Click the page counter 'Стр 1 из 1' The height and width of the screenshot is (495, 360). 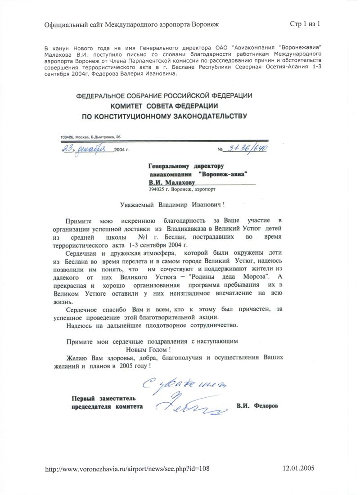point(305,24)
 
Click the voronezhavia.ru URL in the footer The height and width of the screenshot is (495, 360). point(128,468)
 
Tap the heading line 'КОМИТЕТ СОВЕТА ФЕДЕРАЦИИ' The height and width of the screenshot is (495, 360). point(165,106)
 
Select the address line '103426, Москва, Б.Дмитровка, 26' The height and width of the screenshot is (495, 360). point(90,136)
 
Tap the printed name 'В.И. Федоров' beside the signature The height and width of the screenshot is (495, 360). point(257,406)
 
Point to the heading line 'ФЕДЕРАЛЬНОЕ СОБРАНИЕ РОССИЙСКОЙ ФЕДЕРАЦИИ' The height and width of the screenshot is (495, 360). point(164,96)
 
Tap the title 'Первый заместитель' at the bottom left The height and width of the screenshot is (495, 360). point(103,398)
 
